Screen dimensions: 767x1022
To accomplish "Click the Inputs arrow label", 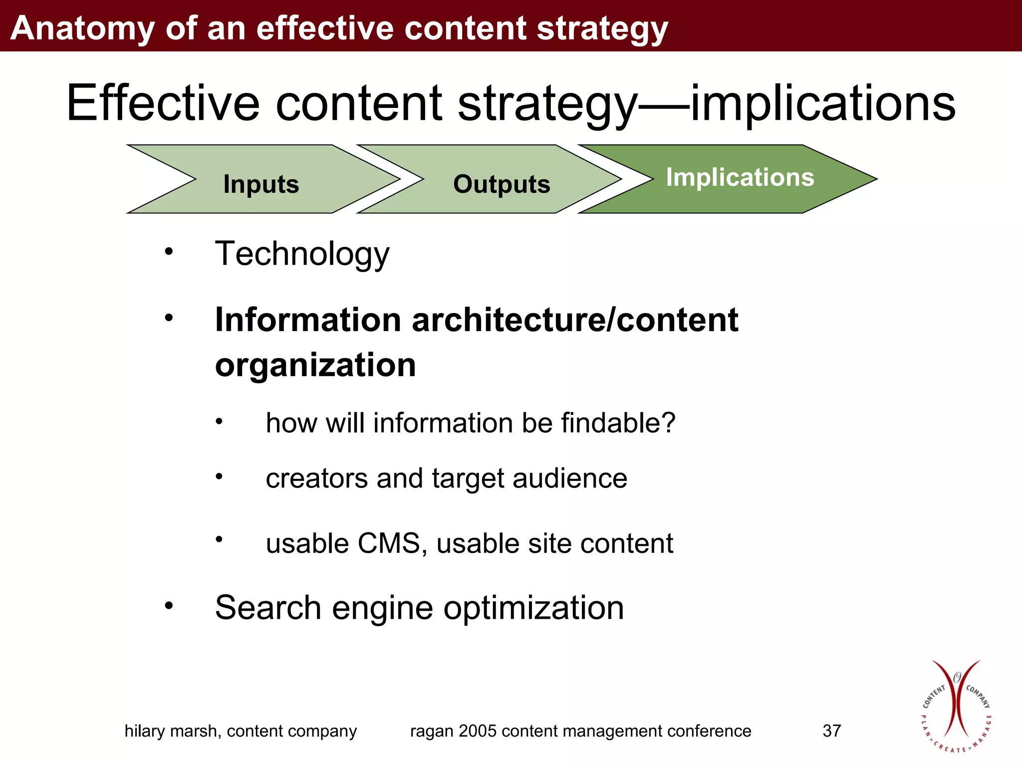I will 261,184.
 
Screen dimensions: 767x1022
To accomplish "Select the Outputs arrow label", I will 502,184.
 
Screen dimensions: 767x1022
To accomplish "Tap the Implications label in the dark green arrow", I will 740,177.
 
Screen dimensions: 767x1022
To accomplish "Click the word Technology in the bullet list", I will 302,254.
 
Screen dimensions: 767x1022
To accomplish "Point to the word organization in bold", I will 315,365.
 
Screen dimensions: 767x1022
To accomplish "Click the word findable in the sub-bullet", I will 618,423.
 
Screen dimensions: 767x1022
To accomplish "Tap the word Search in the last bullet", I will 268,608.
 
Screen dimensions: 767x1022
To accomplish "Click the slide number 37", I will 831,731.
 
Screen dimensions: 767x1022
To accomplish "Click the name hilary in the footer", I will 145,731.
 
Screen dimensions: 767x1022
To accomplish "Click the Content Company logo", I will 956,707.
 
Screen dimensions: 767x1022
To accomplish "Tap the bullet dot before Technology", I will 169,251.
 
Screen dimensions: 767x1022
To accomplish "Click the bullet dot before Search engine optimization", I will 169,606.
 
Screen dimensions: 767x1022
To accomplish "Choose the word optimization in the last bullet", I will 533,608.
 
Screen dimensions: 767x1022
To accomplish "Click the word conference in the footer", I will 709,731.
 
